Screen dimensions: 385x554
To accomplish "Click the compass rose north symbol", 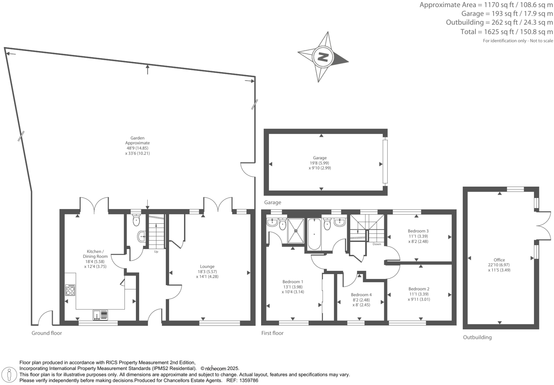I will tap(323, 57).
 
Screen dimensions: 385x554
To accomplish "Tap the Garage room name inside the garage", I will tap(320, 158).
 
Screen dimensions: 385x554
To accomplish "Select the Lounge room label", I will tap(207, 266).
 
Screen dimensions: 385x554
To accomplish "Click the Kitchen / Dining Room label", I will tap(95, 254).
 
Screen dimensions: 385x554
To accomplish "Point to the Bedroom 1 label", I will tap(293, 282).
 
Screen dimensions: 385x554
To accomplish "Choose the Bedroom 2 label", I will tap(419, 289).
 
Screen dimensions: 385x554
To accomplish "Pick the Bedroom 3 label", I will tap(418, 231).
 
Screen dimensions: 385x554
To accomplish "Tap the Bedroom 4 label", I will tap(361, 295).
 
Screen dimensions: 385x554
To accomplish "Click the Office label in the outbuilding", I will tap(499, 260).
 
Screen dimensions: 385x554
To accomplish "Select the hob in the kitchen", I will tap(70, 290).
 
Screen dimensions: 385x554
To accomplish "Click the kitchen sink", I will tap(100, 315).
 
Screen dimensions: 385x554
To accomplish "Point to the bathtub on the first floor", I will tap(314, 234).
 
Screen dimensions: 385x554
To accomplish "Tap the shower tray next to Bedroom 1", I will tap(296, 230).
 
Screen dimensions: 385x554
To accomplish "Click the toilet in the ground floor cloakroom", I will tap(136, 221).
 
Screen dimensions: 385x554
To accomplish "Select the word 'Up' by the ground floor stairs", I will tap(156, 252).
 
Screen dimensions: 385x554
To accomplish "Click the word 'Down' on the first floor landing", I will tap(377, 244).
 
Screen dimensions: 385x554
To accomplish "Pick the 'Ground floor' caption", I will tap(47, 333).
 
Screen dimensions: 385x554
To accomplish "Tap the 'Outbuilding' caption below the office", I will tap(477, 337).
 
